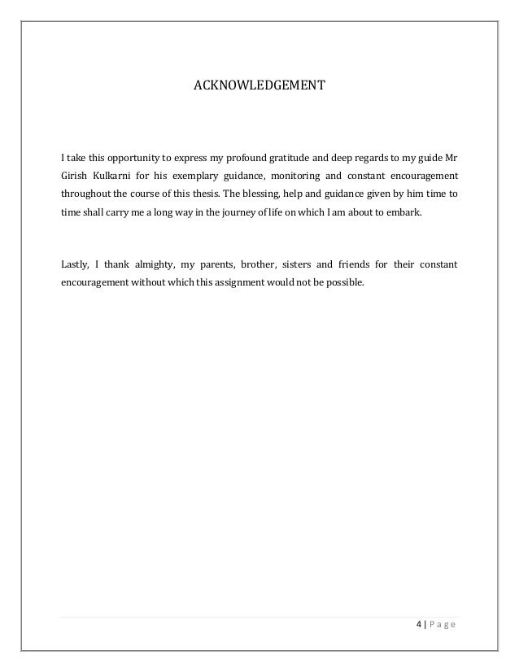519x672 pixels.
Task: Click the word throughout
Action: click(87, 195)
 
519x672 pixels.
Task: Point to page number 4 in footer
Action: click(418, 624)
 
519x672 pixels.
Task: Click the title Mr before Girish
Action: click(450, 155)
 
